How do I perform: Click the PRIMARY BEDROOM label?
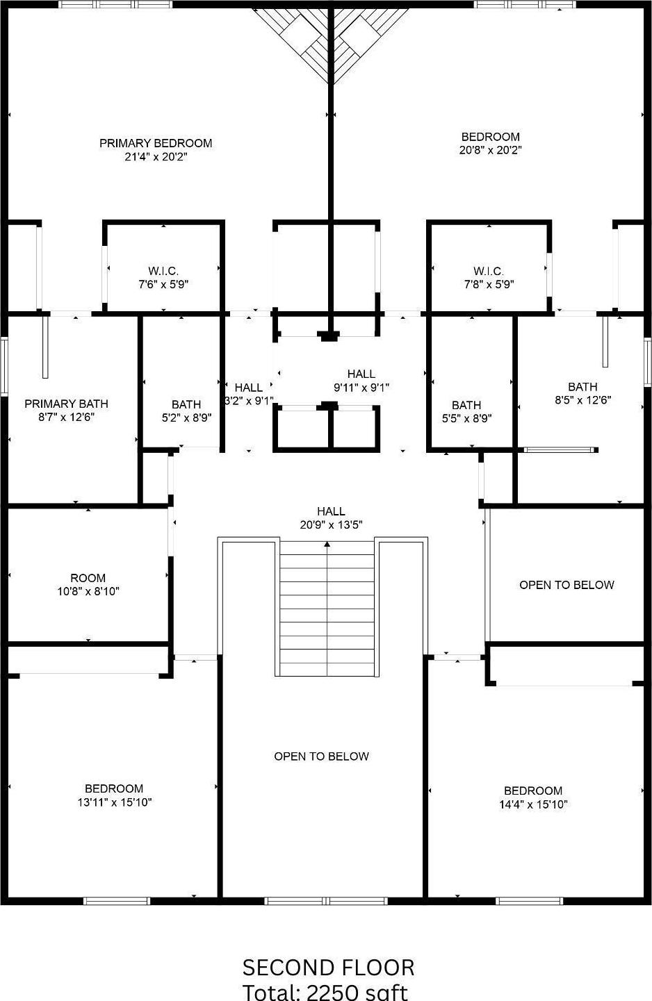tap(156, 143)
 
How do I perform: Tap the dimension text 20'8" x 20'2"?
tap(490, 150)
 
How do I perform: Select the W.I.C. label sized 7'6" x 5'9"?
tap(163, 271)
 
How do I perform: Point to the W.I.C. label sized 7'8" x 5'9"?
tap(489, 271)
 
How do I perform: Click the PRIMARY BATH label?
tap(66, 404)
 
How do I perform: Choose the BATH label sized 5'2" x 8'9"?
tap(186, 404)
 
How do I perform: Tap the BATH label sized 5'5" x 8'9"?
tap(466, 405)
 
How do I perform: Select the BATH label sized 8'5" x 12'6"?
tap(582, 387)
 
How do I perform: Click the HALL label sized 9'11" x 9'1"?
tap(361, 374)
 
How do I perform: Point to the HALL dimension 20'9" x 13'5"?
tap(332, 525)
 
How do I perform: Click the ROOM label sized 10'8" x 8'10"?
tap(88, 578)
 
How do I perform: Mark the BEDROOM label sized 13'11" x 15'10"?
tap(114, 788)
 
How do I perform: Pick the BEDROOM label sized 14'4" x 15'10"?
tap(533, 791)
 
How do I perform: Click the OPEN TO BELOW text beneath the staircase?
tap(321, 756)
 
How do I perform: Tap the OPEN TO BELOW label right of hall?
tap(567, 585)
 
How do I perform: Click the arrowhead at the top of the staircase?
tap(327, 544)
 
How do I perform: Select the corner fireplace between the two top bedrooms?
tap(330, 42)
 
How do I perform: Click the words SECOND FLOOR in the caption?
tap(328, 967)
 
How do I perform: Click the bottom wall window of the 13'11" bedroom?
tap(117, 901)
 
